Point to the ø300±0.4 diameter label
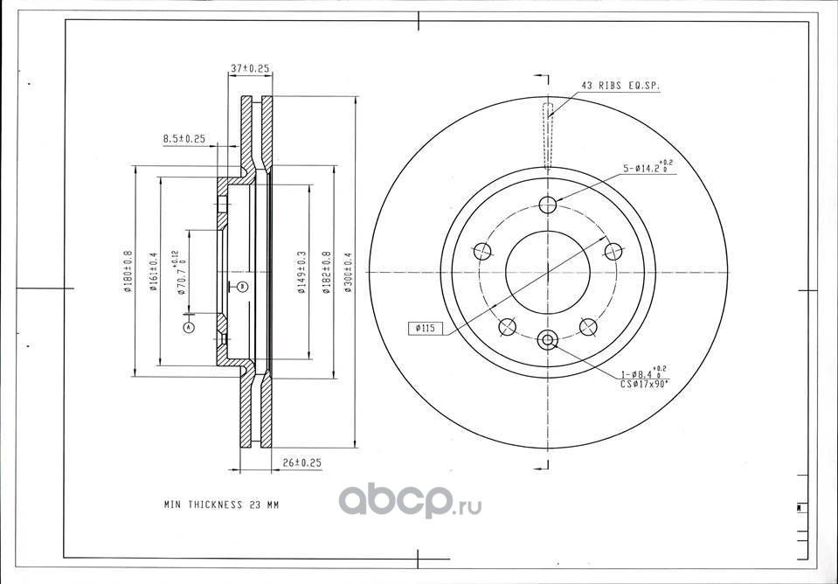[348, 273]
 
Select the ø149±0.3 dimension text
[301, 273]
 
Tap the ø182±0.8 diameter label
[326, 273]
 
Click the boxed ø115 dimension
[426, 329]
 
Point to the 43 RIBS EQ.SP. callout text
[620, 86]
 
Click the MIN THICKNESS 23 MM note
[222, 505]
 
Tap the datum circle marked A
[187, 327]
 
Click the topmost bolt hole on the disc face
[548, 205]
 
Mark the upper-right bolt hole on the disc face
[613, 252]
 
